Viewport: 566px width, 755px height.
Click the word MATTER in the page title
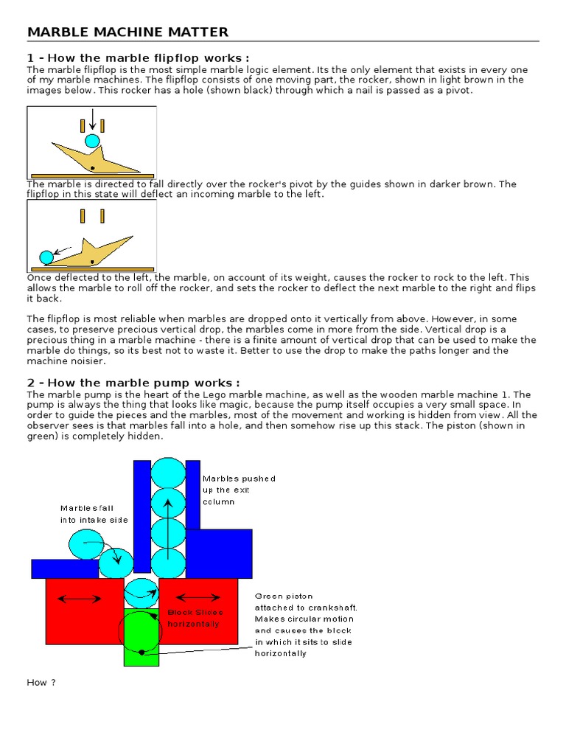point(199,32)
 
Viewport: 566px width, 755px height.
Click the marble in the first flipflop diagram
point(92,141)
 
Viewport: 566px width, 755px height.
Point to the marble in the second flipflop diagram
point(46,257)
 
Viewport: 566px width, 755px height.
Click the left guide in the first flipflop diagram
point(83,125)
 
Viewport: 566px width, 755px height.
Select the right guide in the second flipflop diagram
point(102,216)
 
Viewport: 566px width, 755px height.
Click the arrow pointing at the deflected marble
point(65,249)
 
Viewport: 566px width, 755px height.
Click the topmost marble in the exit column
point(168,473)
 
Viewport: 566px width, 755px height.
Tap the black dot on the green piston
point(141,652)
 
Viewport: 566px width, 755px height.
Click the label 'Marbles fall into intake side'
point(94,514)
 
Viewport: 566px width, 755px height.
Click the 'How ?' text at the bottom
point(41,682)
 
